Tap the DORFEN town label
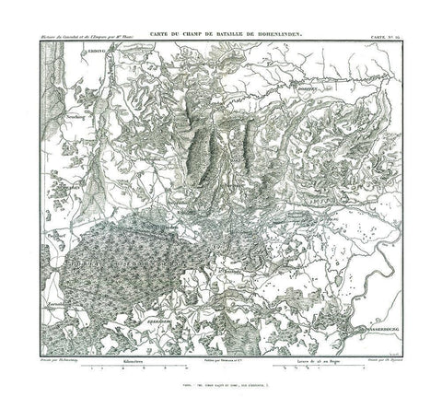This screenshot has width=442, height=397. [x=333, y=89]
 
